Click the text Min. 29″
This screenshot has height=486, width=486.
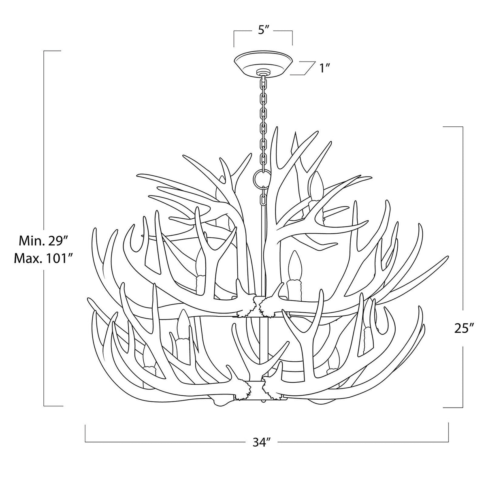44,241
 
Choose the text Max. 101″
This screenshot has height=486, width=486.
43,258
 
